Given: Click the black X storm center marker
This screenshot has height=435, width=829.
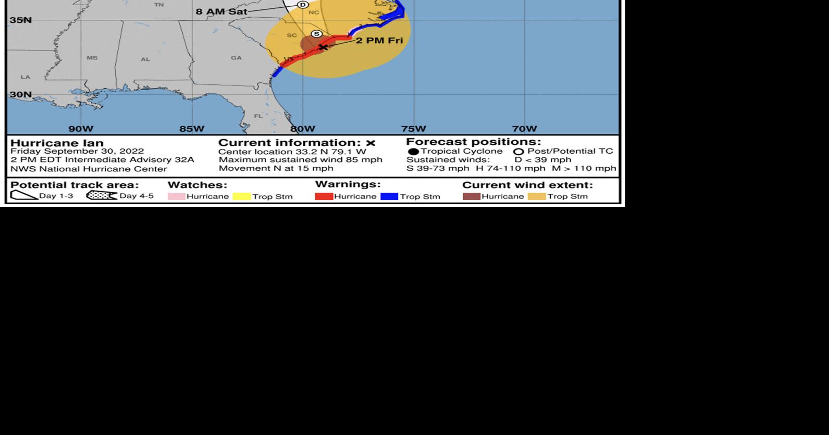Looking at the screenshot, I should click(323, 47).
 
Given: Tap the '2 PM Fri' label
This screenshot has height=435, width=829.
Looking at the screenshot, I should click(379, 41).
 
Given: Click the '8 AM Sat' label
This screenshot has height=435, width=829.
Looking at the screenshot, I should click(221, 11).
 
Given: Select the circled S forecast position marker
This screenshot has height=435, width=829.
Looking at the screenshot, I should click(316, 34).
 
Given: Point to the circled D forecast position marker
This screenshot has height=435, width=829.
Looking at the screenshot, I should click(303, 5).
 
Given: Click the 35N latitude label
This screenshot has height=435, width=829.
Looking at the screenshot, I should click(21, 20).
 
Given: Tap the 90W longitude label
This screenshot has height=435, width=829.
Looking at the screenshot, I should click(81, 129).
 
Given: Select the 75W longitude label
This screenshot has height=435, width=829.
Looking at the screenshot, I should click(413, 129).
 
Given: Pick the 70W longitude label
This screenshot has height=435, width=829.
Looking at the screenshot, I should click(524, 129).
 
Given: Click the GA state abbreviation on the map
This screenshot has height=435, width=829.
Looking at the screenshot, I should click(237, 58).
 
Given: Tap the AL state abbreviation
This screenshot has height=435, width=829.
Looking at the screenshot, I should click(145, 59).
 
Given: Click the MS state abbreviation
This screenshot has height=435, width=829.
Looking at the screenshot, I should click(92, 58).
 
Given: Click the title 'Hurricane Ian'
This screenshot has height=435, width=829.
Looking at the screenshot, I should click(57, 143).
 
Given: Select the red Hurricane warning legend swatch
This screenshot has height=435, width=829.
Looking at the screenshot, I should click(324, 196).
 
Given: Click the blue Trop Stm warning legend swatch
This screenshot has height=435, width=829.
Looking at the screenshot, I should click(389, 196).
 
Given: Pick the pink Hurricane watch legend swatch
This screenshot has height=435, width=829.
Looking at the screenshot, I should click(176, 196).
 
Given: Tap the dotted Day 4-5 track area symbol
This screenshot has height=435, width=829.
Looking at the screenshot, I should click(102, 196).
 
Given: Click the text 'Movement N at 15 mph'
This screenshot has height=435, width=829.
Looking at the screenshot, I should click(276, 168).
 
